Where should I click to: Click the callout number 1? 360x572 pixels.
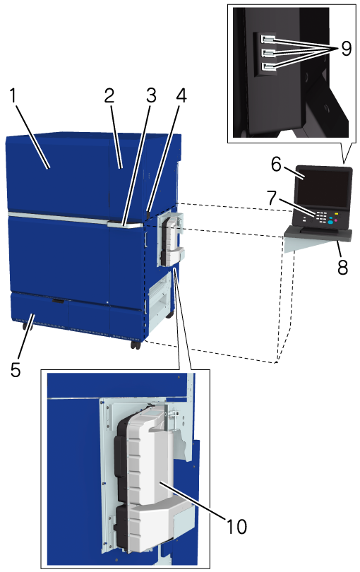tap(14, 96)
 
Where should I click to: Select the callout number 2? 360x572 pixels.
tap(109, 95)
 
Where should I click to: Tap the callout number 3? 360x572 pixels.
tap(151, 95)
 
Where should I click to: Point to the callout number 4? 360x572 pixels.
tap(181, 95)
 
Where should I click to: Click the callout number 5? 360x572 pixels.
tap(16, 369)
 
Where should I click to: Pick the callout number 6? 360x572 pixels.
tap(277, 165)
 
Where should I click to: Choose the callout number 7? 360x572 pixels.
tap(272, 198)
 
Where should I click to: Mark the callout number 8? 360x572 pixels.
tap(342, 268)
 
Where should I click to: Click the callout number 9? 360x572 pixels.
tap(346, 48)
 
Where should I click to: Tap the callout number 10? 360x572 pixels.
tap(236, 526)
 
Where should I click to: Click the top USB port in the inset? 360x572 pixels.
tap(267, 39)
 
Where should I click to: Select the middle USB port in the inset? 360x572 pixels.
tap(267, 53)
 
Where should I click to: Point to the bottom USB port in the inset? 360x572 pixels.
tap(267, 67)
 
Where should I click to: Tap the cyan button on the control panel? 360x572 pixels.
tap(330, 222)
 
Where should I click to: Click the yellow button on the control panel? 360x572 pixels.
tap(337, 214)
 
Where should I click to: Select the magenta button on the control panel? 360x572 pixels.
tap(336, 220)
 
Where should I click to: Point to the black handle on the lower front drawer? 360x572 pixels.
tap(58, 301)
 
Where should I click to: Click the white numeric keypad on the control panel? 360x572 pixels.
tap(321, 218)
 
